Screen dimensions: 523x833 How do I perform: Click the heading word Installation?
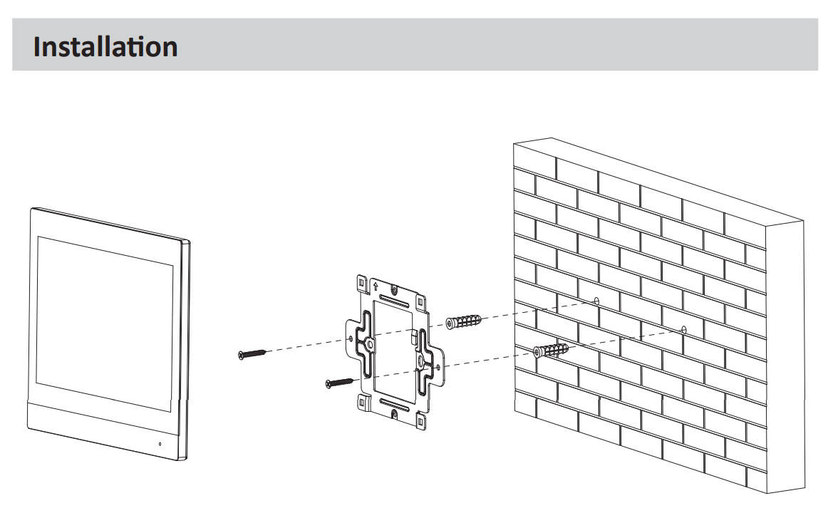[105, 47]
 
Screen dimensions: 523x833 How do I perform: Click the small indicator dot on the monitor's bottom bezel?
[160, 444]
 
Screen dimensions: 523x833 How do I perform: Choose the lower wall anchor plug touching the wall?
[552, 350]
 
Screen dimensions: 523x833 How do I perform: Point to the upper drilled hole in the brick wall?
[596, 300]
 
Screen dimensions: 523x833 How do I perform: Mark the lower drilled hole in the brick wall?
[683, 329]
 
